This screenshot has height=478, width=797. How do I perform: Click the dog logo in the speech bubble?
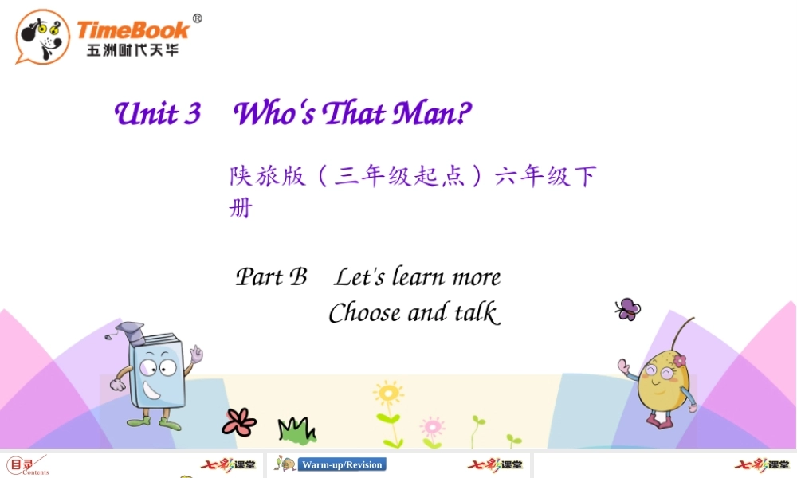pos(43,37)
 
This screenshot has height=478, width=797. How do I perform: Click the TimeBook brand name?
pos(133,30)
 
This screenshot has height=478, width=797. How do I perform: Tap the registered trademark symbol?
pos(197,19)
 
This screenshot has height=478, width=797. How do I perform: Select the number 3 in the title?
pos(192,113)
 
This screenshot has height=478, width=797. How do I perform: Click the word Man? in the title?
pos(431,112)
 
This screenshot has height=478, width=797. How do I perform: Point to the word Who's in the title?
pos(274,112)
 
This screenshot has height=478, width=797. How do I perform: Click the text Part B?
pos(271,277)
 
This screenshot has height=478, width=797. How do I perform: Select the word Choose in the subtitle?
pos(364,312)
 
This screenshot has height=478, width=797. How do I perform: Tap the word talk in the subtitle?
pos(477,311)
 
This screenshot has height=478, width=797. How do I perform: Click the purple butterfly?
pos(628,309)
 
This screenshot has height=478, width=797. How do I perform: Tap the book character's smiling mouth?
pos(151,390)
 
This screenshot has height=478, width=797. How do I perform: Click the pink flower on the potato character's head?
pos(680,361)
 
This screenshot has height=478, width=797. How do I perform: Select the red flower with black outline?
pos(239,421)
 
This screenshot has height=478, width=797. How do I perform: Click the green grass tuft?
pos(296,429)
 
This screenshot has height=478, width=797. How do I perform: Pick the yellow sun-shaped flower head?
pos(389,393)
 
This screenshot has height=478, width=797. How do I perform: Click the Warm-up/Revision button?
pos(342,464)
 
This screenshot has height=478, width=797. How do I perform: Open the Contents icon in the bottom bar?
pos(27,465)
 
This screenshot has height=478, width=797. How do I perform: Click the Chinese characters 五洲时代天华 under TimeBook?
pos(132,50)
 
